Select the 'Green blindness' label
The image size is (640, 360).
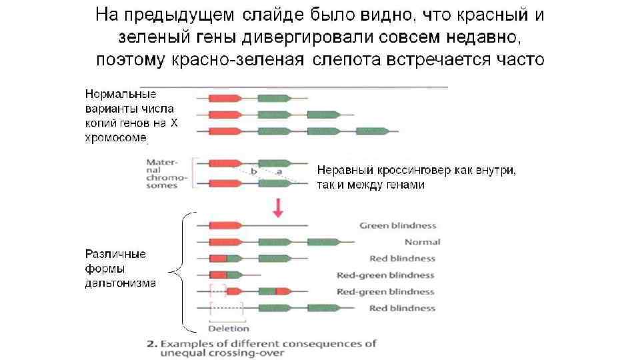point(397,225)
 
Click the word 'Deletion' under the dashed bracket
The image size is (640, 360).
point(228,328)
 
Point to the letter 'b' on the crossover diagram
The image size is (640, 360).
point(254,171)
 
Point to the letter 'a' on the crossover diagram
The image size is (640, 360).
point(280,171)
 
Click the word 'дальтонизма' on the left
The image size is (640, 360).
point(120,283)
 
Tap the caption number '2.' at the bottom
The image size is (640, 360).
point(151,344)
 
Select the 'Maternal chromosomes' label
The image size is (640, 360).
point(162,173)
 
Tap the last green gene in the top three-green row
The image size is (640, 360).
point(373,131)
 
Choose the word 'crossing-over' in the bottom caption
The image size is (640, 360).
point(252,353)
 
